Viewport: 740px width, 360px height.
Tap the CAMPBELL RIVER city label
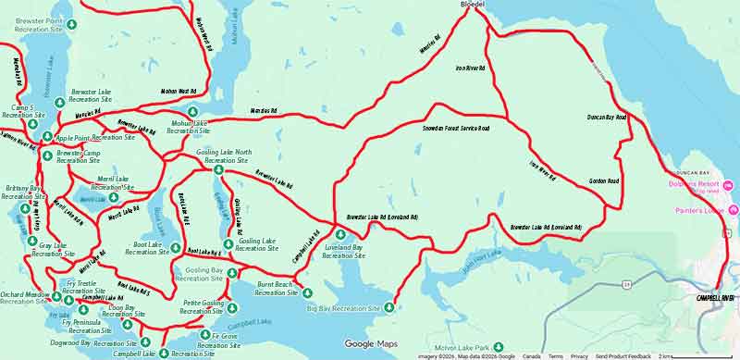(x=715, y=298)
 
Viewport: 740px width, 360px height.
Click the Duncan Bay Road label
(x=608, y=118)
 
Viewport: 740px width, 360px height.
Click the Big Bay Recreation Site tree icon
(x=389, y=307)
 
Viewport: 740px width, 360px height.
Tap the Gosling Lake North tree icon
(x=218, y=169)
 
